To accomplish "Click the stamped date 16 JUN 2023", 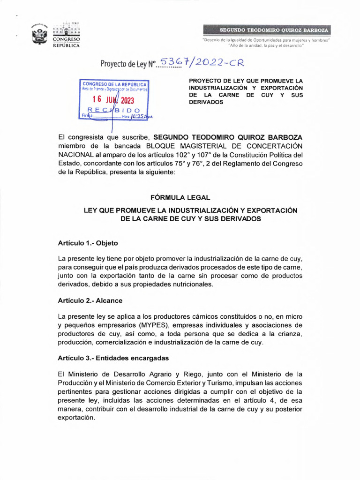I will (x=112, y=100).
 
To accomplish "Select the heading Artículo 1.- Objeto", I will (x=88, y=243).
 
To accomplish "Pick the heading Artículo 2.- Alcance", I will (x=90, y=300).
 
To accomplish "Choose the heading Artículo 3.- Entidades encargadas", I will (x=113, y=357).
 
